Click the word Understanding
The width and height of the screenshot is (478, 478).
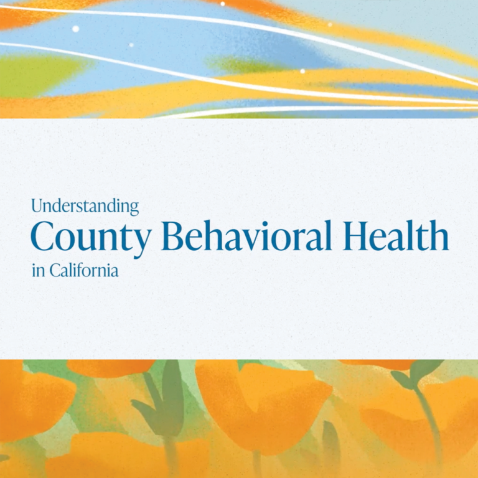coord(85,206)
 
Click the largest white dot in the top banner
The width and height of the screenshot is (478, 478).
coord(75,29)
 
